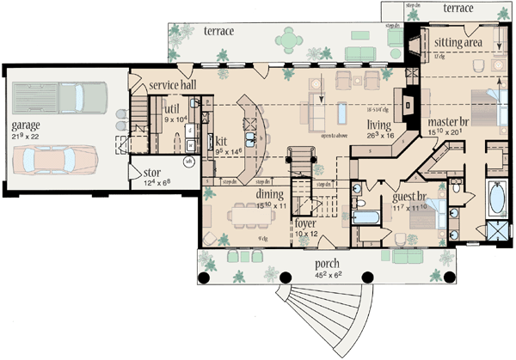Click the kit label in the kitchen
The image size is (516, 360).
click(x=220, y=138)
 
